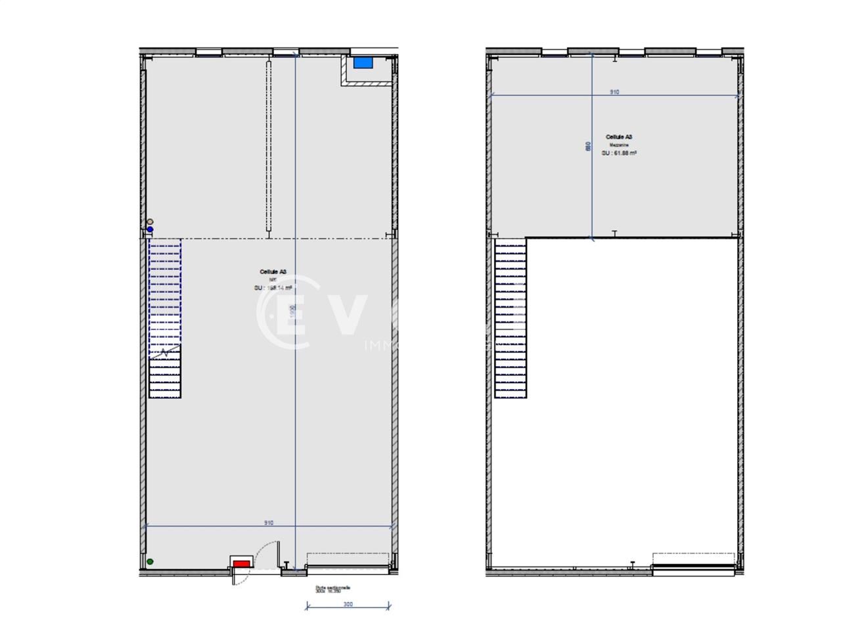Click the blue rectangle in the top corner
(363, 62)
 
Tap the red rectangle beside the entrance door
(242, 563)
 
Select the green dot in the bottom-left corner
(150, 561)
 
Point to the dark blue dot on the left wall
(150, 229)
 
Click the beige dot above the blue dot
(150, 222)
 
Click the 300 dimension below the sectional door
(348, 604)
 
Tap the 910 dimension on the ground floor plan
(269, 523)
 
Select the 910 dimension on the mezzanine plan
(614, 93)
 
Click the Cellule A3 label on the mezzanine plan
(619, 137)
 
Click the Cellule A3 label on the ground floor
(273, 271)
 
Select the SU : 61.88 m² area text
(619, 152)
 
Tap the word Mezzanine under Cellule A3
(619, 145)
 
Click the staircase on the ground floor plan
(165, 318)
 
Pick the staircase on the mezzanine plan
(511, 318)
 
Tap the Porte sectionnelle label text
(332, 588)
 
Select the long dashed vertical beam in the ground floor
(269, 146)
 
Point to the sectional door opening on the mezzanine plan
(693, 564)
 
